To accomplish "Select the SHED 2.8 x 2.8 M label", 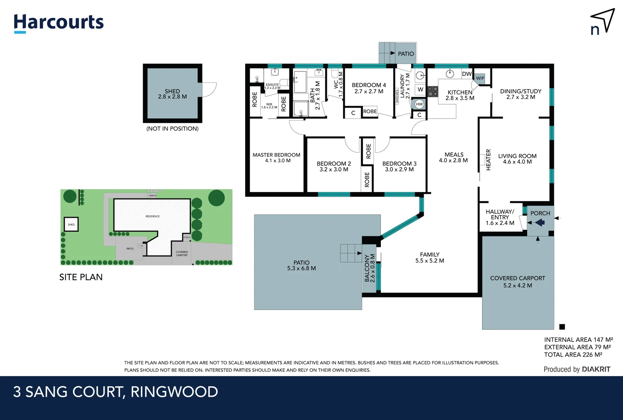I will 172,94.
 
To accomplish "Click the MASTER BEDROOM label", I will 276,157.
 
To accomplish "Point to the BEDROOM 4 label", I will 368,88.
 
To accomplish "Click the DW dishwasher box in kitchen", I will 467,74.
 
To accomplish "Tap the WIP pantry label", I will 480,78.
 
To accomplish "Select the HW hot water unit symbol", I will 419,104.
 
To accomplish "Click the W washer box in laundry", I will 420,89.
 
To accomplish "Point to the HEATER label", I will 488,159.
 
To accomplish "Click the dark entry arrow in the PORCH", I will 539,222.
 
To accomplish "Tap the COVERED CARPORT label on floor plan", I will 517,282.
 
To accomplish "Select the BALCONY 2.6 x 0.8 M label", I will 370,268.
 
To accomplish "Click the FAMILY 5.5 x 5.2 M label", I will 429,257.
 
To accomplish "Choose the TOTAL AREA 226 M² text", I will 573,355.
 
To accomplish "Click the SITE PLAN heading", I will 81,277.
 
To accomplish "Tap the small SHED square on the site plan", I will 71,224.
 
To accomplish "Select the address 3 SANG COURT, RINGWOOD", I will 115,392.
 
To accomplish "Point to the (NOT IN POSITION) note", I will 172,129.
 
